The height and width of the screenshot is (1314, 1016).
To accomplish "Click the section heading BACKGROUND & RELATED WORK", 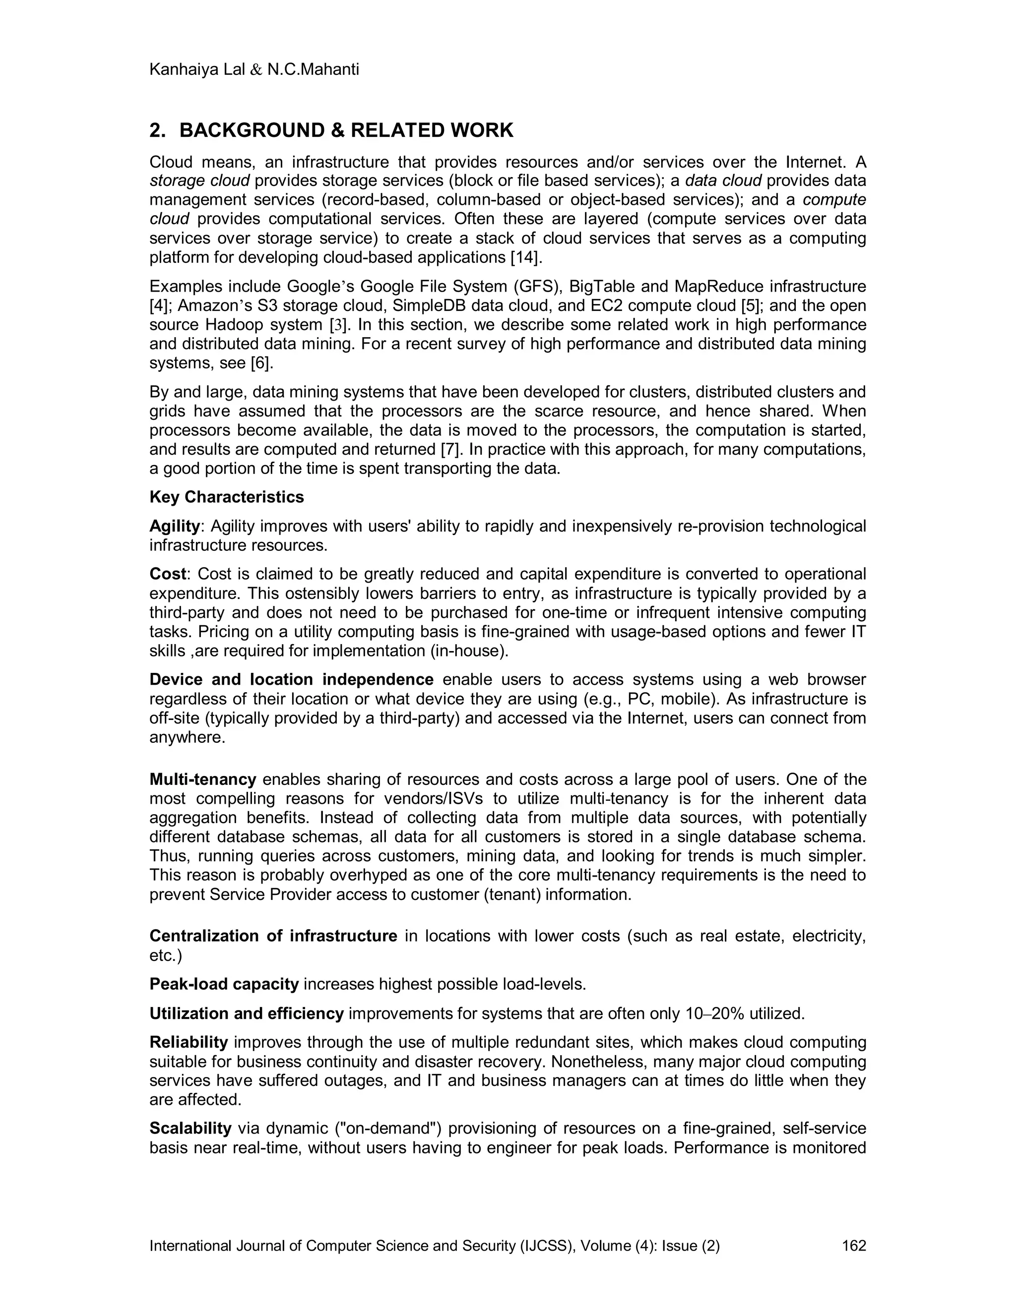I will point(346,130).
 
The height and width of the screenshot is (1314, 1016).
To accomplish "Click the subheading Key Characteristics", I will point(227,497).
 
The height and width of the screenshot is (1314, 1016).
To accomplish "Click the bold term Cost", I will point(167,574).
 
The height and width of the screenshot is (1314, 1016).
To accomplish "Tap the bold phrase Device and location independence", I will point(291,679).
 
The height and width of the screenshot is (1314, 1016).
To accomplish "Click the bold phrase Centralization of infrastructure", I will point(273,936).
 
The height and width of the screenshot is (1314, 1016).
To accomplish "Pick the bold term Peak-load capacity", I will point(224,984).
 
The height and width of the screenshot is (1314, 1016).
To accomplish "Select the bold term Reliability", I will point(189,1042).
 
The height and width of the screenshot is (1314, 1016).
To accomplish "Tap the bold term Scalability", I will point(190,1128).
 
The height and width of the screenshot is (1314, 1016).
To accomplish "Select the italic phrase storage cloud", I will point(199,180).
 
